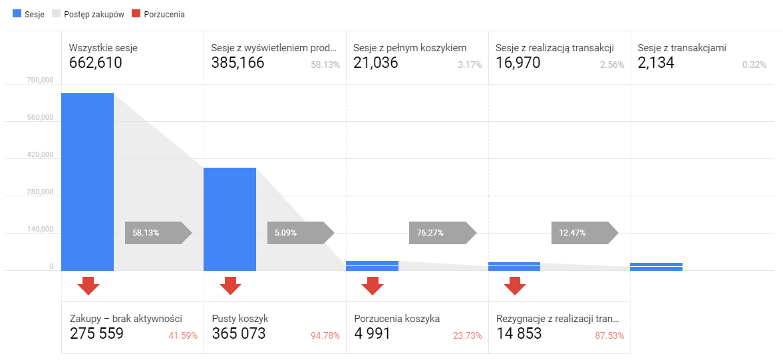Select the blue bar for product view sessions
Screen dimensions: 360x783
pos(230,219)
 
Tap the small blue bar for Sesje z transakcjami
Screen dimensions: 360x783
pos(656,267)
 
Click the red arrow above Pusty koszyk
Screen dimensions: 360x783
pos(230,285)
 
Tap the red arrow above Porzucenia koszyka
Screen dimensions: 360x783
pos(373,285)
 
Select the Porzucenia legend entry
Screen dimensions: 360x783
pos(159,15)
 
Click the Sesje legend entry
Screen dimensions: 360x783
pos(29,15)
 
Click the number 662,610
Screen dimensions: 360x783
pos(96,63)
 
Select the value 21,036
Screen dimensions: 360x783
pos(375,63)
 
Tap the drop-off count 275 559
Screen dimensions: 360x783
pos(96,333)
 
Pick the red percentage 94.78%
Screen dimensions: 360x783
pos(325,335)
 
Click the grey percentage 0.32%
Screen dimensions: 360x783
pos(754,65)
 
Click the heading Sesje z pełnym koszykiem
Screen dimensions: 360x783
pos(410,48)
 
